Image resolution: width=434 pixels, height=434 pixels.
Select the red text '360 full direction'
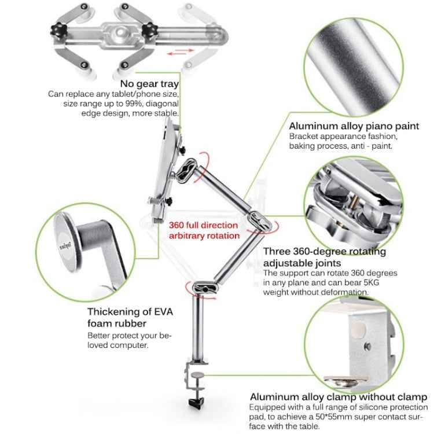[x=203, y=225]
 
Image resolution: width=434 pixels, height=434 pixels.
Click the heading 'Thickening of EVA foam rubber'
[x=130, y=317]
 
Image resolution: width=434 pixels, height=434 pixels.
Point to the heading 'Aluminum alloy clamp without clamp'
[x=338, y=397]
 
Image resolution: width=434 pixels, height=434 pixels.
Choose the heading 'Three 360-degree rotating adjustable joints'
[x=324, y=257]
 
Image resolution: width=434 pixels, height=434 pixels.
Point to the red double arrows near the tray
[x=181, y=53]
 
